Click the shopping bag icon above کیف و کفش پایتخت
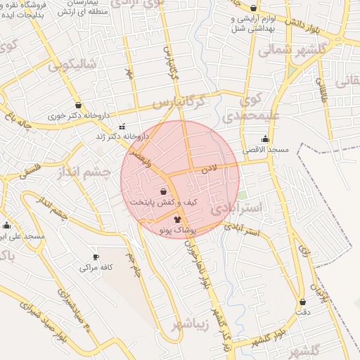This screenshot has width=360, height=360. tap(164, 191)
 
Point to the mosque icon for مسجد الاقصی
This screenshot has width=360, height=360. tap(265, 139)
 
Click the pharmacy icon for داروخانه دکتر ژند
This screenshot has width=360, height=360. tap(123, 127)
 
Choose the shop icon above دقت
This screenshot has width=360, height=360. tap(302, 302)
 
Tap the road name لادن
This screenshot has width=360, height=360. tap(210, 169)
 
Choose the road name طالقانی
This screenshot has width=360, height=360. tap(323, 91)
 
